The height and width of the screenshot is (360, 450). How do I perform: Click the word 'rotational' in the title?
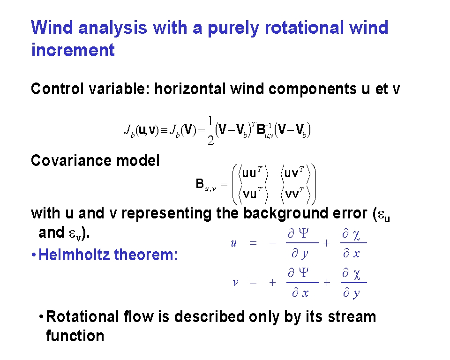[x=304, y=28]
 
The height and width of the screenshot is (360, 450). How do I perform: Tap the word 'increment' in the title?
[x=73, y=50]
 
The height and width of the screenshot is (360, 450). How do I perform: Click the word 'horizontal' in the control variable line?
[x=190, y=89]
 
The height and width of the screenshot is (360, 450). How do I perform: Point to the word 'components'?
[x=313, y=89]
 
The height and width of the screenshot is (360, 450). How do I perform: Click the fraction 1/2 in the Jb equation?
[x=210, y=131]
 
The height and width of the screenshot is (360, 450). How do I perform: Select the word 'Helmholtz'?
[x=74, y=255]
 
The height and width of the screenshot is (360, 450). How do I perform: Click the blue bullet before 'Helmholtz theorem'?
[x=34, y=255]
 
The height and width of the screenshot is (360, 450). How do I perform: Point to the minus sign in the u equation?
[x=273, y=243]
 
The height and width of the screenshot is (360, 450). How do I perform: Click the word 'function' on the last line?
[x=75, y=336]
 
